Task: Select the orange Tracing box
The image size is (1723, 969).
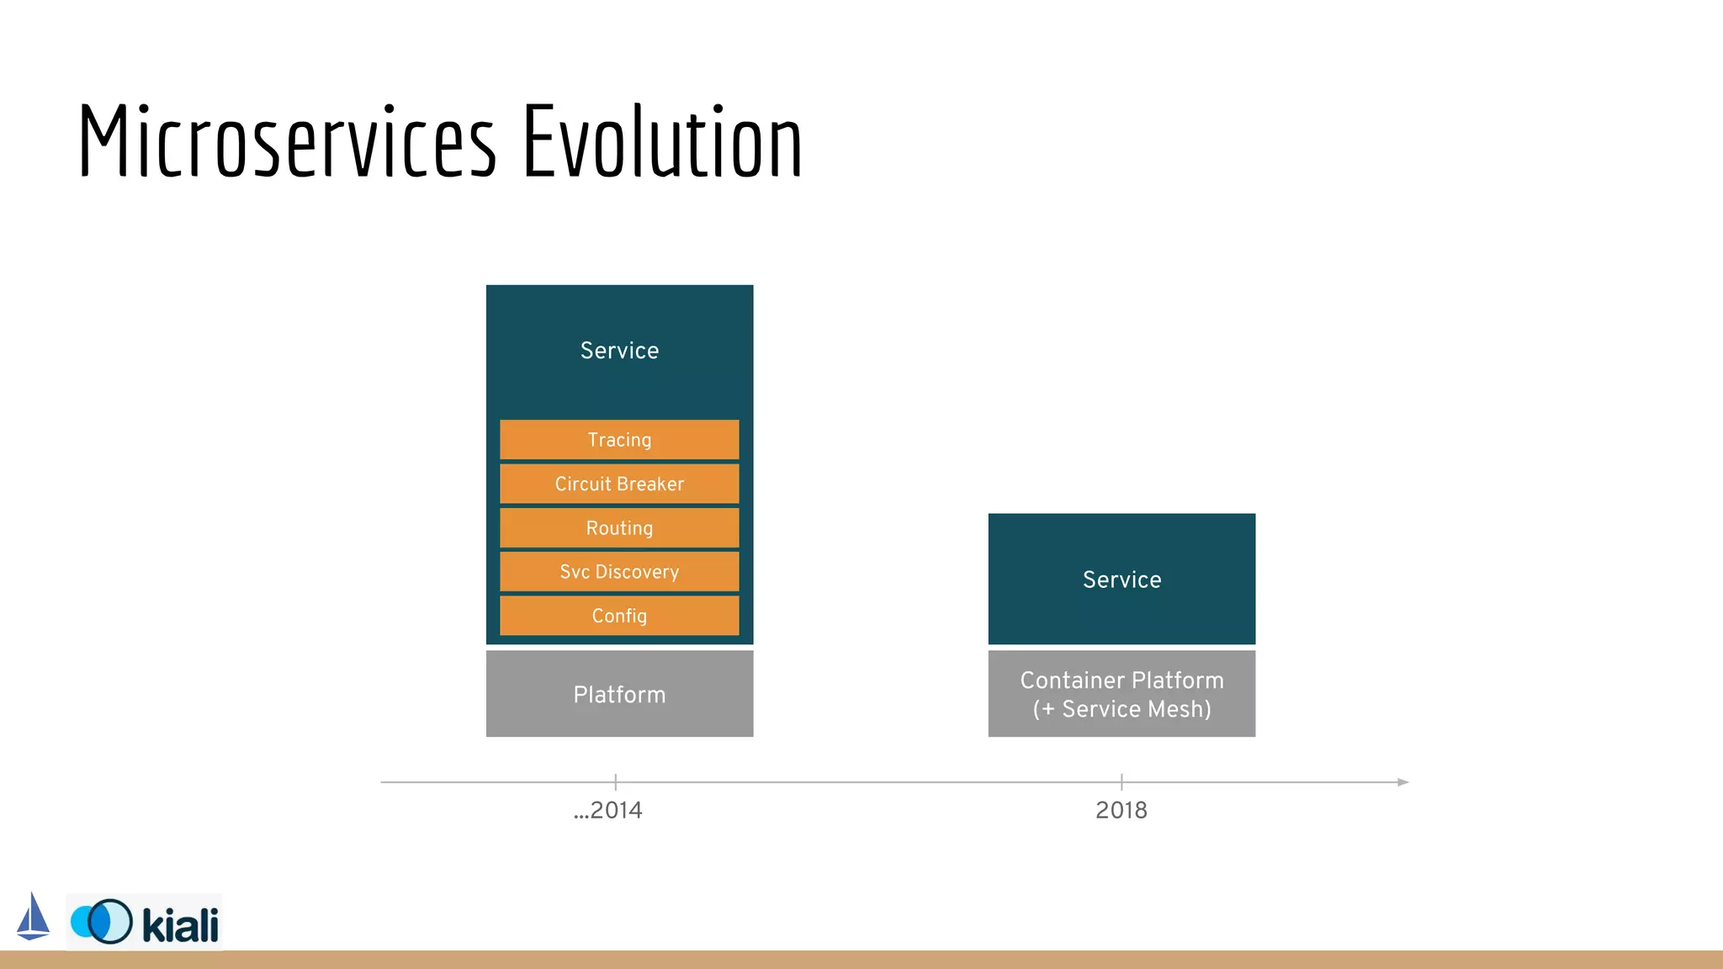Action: [619, 440]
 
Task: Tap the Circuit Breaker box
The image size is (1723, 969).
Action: [619, 484]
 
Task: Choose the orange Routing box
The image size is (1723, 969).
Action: [619, 528]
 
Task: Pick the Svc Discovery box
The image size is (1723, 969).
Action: [619, 572]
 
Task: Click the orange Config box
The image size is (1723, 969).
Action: [619, 616]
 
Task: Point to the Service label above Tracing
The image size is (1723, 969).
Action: [619, 351]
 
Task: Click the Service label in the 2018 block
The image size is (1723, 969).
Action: [1121, 580]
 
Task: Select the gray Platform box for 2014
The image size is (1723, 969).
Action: [619, 695]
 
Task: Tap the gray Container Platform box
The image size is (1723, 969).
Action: [1121, 680]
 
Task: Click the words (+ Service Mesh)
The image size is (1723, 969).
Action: [1121, 710]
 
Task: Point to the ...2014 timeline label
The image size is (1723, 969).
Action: [608, 811]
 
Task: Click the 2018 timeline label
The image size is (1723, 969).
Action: [1121, 811]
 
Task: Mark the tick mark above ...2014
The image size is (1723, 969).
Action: [616, 781]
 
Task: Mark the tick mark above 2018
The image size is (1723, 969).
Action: [1121, 781]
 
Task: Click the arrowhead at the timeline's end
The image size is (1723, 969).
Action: [1402, 782]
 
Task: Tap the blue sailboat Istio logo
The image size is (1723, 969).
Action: [33, 918]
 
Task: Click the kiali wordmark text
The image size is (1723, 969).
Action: [180, 925]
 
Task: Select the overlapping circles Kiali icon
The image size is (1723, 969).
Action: [102, 921]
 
